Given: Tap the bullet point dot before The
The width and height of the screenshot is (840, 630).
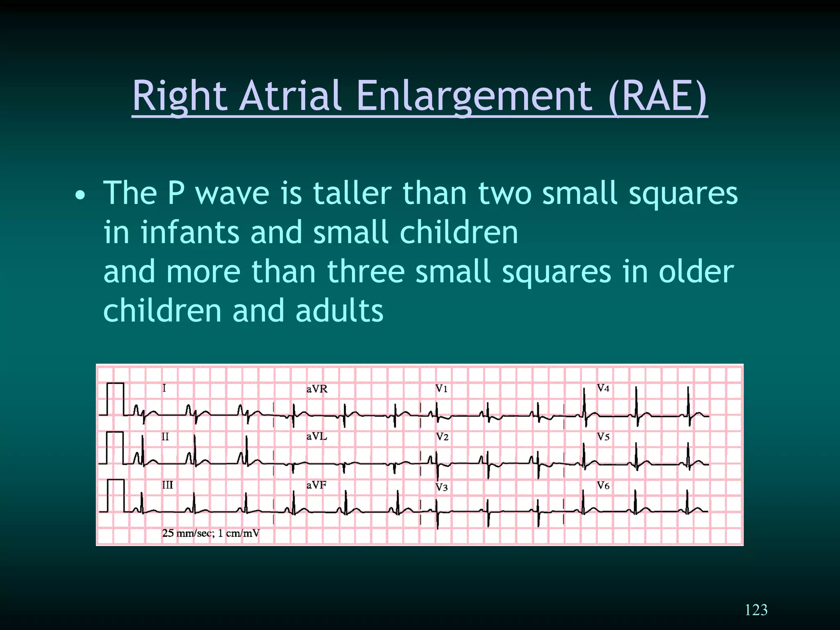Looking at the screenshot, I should [x=80, y=196].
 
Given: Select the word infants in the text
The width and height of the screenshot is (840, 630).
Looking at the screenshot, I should [x=189, y=232].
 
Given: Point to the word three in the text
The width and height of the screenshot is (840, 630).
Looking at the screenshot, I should [x=366, y=272].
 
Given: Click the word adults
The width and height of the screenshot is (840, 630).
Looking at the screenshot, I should [x=339, y=310].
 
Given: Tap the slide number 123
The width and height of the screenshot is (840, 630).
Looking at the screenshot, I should [x=756, y=610].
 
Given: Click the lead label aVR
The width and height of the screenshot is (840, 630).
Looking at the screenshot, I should [x=317, y=389].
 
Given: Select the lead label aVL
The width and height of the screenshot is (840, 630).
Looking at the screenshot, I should [x=317, y=436].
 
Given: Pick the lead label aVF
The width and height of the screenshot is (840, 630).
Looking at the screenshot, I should [x=316, y=485].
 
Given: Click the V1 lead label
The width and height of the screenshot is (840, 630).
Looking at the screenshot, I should [x=441, y=388].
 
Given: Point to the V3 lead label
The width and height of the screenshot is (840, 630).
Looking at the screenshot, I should [x=442, y=487].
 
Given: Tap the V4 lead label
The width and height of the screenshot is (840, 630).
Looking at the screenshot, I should [x=603, y=388].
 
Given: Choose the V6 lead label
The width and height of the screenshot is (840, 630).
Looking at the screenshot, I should [x=603, y=486].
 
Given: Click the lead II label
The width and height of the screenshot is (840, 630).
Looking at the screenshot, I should [x=165, y=436].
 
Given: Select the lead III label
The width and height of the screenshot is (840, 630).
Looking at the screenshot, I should [x=167, y=485].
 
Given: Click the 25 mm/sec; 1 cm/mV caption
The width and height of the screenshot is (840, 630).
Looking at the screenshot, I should [x=211, y=533].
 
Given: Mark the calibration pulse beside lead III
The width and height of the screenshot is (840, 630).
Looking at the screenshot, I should [x=115, y=495].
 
